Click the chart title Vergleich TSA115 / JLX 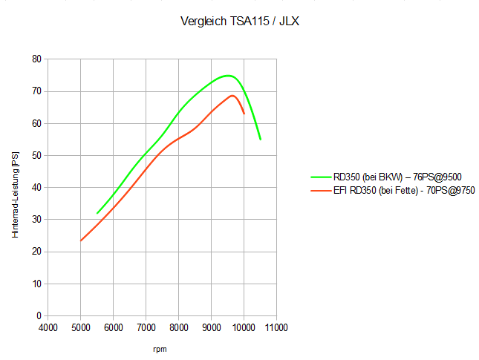coord(239,22)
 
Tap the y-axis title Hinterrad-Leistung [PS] coord(16,195)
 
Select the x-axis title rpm coord(160,348)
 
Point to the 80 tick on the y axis coord(36,59)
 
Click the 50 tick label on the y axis coord(36,156)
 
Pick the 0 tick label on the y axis coord(39,316)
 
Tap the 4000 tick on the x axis coord(48,327)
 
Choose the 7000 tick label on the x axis coord(146,327)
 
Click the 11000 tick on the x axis coord(276,327)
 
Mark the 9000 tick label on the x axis coord(212,327)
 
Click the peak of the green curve coord(228,76)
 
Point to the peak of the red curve coord(232,95)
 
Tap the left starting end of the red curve coord(81,240)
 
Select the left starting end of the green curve coord(97,213)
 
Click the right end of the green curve coord(260,139)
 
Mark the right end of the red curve coord(244,114)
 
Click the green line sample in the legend coord(321,177)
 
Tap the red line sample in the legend coord(321,190)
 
